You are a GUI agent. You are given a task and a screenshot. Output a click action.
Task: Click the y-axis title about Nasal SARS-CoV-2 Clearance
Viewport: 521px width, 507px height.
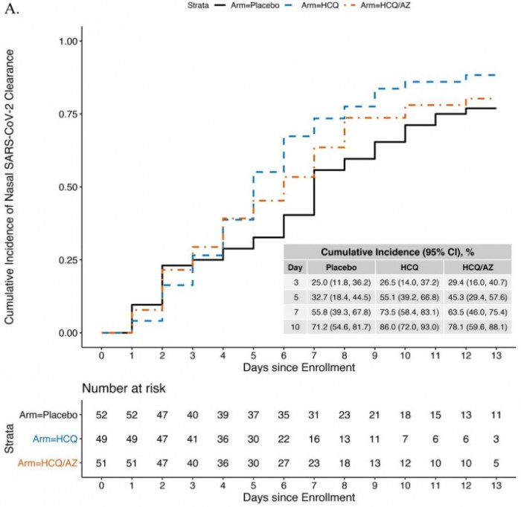(x=11, y=186)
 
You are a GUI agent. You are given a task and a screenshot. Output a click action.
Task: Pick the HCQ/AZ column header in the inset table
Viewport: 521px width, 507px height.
(x=476, y=267)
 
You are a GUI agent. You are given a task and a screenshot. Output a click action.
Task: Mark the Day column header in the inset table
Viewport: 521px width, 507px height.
(x=295, y=267)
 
